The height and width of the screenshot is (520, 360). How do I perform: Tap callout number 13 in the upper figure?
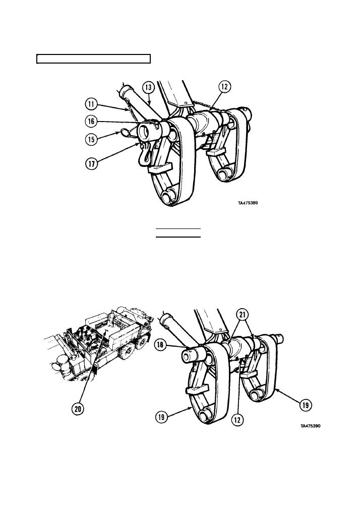pos(149,88)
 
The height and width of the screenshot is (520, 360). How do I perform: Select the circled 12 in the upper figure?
pos(224,87)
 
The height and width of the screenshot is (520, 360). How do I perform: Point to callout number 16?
pos(91,122)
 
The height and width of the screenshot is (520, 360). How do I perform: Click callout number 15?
pos(91,139)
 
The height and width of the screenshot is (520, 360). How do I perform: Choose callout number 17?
pos(92,163)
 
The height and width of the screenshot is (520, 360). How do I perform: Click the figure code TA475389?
pos(248,203)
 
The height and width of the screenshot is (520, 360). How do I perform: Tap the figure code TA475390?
pos(311,426)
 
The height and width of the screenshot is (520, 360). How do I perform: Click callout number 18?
pos(160,345)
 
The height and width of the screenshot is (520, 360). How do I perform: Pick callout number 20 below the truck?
pos(78,409)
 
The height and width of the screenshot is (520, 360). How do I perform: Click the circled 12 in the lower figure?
pos(237,420)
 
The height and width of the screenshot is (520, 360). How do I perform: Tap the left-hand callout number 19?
pos(161,417)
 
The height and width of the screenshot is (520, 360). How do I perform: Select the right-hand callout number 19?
pos(306,405)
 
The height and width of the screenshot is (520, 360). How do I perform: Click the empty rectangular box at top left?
pos(93,59)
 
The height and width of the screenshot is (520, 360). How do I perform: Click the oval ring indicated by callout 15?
pos(126,132)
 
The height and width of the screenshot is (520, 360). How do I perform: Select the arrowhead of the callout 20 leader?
pos(106,332)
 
